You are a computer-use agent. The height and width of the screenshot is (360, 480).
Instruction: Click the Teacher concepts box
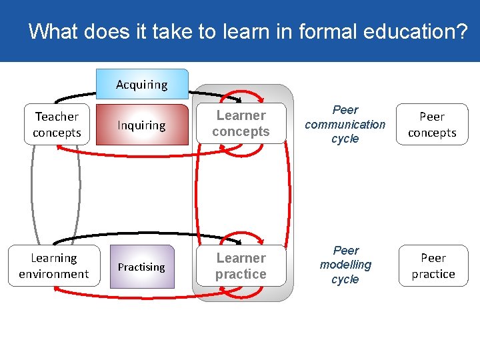57,125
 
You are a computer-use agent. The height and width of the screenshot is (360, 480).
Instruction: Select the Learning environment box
54,266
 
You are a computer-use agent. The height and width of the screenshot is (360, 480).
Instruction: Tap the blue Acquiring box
142,85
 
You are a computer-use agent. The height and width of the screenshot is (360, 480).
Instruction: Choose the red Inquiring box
142,125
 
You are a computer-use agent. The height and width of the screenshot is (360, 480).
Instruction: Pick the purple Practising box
141,267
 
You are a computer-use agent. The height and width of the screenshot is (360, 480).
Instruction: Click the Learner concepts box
241,124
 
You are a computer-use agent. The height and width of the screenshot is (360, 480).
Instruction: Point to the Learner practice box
241,266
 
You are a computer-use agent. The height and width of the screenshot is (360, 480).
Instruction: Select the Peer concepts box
432,125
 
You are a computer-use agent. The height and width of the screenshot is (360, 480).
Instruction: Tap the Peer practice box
433,266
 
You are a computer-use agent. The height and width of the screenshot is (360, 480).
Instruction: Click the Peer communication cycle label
345,124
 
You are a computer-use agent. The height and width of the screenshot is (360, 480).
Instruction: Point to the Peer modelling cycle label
345,265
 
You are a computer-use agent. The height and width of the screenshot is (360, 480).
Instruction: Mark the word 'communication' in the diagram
345,124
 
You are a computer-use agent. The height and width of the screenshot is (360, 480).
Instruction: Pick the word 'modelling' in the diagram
345,265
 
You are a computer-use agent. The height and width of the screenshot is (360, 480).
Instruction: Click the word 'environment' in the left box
54,274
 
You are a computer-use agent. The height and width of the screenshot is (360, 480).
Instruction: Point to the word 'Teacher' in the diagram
57,117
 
